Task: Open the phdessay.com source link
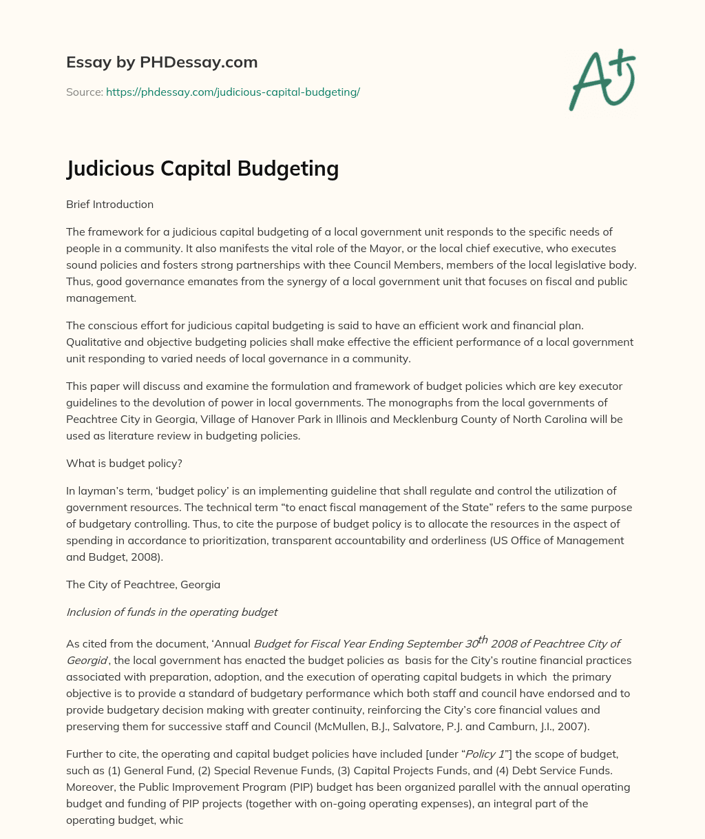tap(233, 92)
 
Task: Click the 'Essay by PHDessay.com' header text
tap(162, 62)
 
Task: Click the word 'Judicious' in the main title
tap(112, 169)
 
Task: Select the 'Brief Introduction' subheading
tap(109, 204)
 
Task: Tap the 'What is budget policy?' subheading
tap(124, 464)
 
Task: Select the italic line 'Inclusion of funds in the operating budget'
tap(171, 612)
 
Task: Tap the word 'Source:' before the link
tap(84, 92)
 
